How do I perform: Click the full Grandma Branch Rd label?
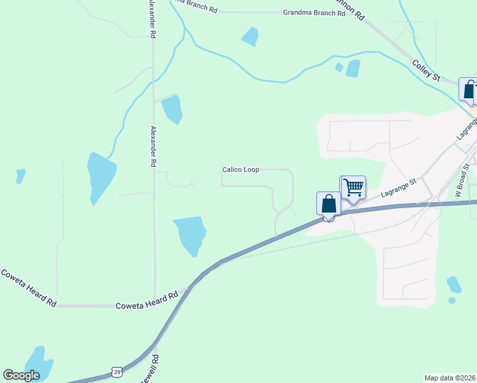[x=309, y=12]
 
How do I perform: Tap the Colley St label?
[x=427, y=69]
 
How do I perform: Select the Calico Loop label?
[x=240, y=170]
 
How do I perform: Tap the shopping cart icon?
[x=353, y=188]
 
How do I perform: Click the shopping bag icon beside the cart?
[x=328, y=204]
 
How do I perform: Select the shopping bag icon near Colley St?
[x=469, y=90]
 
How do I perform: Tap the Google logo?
[x=22, y=375]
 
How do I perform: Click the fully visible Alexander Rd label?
[x=153, y=146]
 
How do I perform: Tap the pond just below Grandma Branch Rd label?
[x=250, y=36]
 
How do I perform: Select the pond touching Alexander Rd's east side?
[x=172, y=110]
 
